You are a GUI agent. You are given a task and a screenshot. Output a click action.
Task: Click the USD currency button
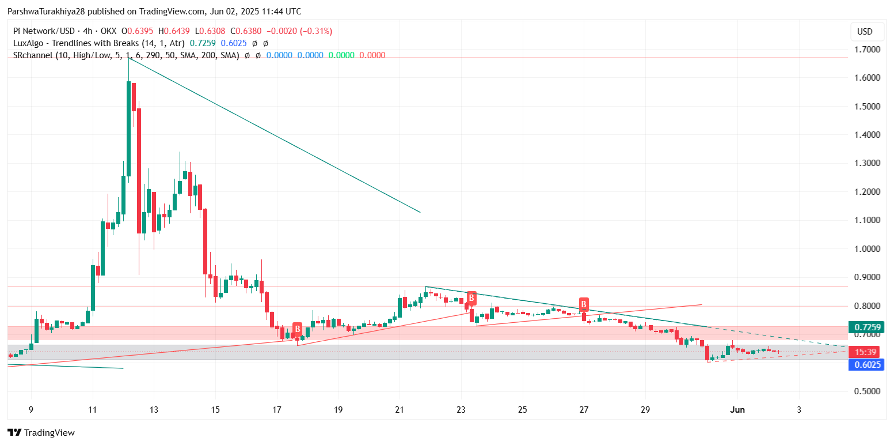point(865,32)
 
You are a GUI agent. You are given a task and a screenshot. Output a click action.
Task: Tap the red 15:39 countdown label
point(865,352)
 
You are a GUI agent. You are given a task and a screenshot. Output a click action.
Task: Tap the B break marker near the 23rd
point(471,298)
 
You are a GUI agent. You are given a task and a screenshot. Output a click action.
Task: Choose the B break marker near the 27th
point(584,304)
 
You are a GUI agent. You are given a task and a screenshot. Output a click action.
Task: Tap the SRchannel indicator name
point(35,55)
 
